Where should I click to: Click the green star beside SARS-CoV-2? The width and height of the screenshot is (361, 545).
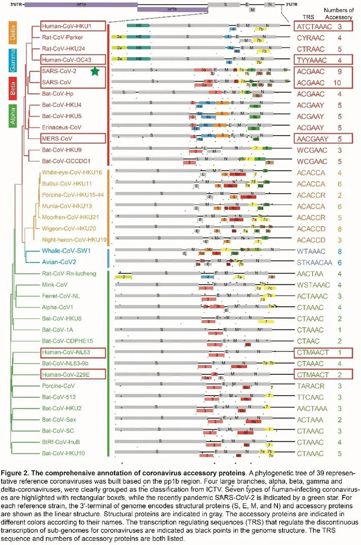click(94, 72)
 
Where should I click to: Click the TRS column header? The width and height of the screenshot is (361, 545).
click(313, 11)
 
